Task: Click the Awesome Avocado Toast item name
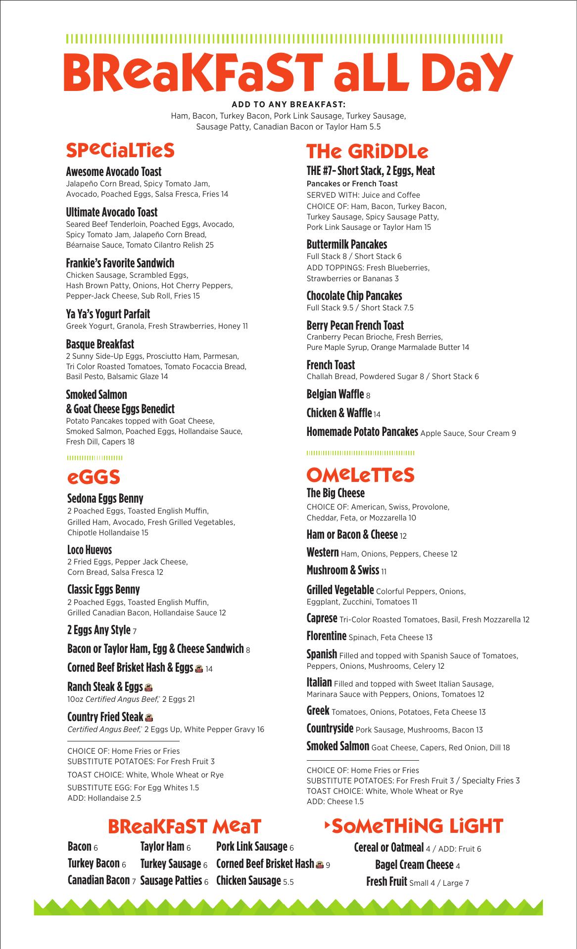pos(114,172)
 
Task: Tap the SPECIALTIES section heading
pos(120,150)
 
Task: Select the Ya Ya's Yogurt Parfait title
pos(108,314)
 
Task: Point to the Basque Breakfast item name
pos(100,344)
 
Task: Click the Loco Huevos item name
pos(90,550)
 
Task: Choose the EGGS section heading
pos(94,477)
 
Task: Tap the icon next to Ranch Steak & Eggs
pos(148,687)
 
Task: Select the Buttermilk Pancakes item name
pos(347,244)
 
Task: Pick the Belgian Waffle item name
pos(335,394)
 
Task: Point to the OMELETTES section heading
pos(360,475)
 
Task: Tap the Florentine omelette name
pos(326,636)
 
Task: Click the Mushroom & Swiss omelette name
pos(342,570)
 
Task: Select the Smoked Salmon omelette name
pos(337,746)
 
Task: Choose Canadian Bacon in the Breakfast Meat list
pos(98,880)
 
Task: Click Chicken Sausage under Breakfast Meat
pos(248,880)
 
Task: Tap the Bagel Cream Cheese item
pos(414,864)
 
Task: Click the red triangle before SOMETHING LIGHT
pos(326,825)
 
